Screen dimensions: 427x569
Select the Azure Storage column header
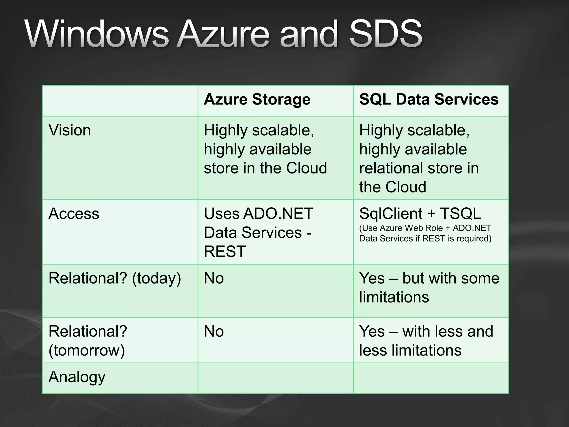point(257,100)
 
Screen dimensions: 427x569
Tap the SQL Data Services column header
point(429,100)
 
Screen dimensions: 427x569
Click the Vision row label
point(70,130)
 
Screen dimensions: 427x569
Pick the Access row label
point(74,214)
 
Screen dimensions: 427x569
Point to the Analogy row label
point(77,377)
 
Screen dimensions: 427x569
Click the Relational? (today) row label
point(114,278)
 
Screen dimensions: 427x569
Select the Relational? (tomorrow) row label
point(88,341)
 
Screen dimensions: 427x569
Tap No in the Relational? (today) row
point(214,278)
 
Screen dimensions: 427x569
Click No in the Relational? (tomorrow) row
point(214,331)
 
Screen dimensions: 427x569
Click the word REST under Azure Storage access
point(225,252)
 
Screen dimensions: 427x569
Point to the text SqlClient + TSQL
point(420,214)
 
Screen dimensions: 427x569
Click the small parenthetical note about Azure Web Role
point(425,234)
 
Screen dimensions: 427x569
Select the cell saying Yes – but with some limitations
point(429,288)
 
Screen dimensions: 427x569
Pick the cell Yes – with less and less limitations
point(426,341)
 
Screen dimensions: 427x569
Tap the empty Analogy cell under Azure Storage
point(275,378)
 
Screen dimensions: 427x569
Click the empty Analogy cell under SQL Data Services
point(431,378)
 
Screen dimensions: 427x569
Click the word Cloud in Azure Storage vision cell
point(306,168)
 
